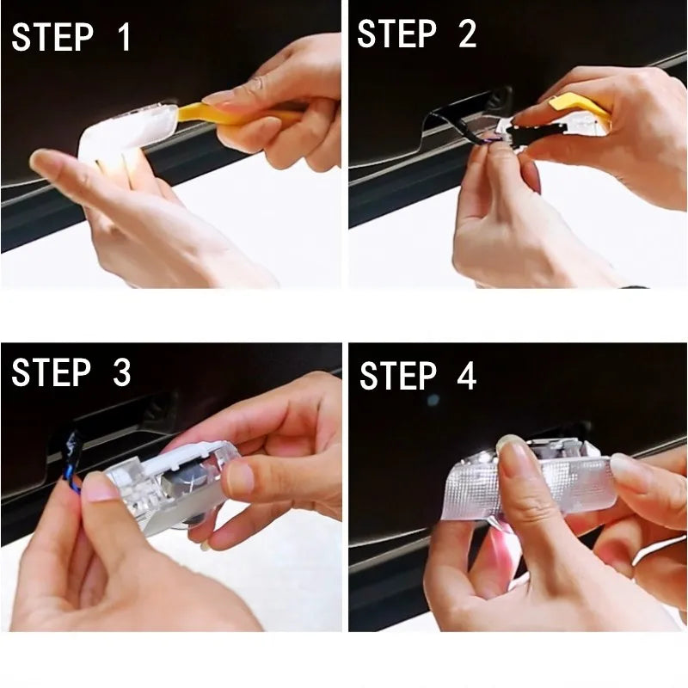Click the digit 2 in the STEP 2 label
coord(466,34)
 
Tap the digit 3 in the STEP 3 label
coord(121,372)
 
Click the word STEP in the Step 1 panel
coord(52,37)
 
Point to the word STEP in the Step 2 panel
coord(396,34)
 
